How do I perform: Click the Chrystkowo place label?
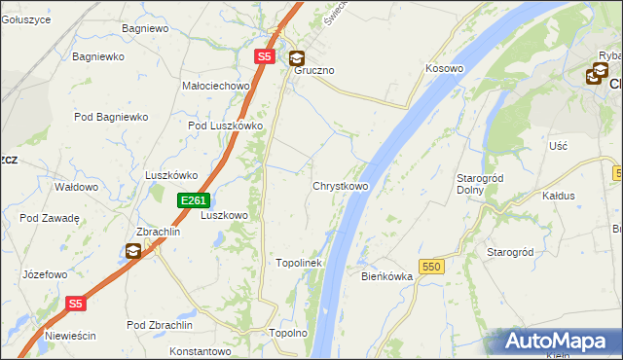pyautogui.click(x=340, y=186)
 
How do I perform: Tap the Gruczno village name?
pyautogui.click(x=314, y=71)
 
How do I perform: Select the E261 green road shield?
pyautogui.click(x=193, y=200)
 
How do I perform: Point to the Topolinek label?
pyautogui.click(x=299, y=263)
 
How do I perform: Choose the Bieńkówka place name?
pyautogui.click(x=387, y=276)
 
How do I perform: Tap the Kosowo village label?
pyautogui.click(x=444, y=69)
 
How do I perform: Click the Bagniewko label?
pyautogui.click(x=98, y=56)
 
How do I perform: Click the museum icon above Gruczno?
pyautogui.click(x=296, y=57)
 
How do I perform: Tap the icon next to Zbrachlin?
pyautogui.click(x=131, y=251)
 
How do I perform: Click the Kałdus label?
pyautogui.click(x=558, y=196)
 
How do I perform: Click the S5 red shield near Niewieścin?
pyautogui.click(x=77, y=304)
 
